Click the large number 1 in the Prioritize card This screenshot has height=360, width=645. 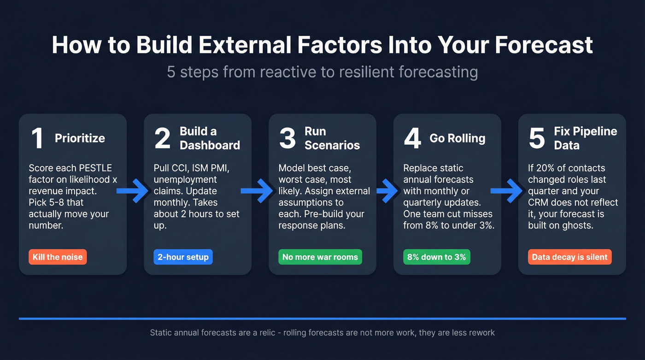(x=37, y=138)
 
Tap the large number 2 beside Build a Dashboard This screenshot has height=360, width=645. (x=162, y=138)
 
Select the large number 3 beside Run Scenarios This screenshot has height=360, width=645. (x=287, y=138)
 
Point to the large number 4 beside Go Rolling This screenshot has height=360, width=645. (x=412, y=138)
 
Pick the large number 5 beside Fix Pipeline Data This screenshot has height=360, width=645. (x=537, y=138)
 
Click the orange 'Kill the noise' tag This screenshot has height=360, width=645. (x=58, y=257)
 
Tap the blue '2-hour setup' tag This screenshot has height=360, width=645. (x=183, y=257)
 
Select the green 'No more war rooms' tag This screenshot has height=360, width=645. (x=320, y=257)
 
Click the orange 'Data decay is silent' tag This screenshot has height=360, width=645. (x=569, y=257)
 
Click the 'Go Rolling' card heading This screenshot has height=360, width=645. (x=457, y=138)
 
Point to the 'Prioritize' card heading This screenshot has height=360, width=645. (x=80, y=138)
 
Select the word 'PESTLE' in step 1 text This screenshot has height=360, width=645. (x=96, y=168)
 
